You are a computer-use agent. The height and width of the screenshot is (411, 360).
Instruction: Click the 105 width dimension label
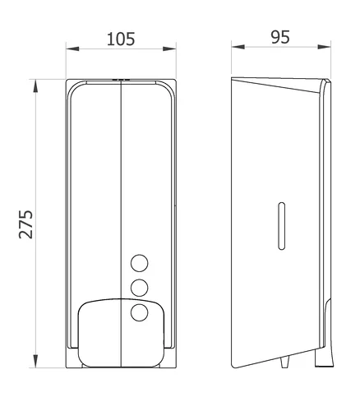(121, 39)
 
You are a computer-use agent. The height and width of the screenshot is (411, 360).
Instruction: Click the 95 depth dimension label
(280, 37)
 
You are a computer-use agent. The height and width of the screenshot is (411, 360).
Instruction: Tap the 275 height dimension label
(26, 224)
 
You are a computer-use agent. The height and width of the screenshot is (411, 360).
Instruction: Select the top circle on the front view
(140, 263)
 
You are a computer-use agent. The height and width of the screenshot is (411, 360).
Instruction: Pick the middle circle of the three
(140, 288)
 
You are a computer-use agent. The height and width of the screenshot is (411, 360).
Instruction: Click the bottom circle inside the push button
(140, 312)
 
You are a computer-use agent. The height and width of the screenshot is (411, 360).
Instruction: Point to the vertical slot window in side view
(281, 226)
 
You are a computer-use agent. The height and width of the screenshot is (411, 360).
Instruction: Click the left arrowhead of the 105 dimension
(72, 49)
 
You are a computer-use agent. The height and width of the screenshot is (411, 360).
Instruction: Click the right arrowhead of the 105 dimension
(169, 49)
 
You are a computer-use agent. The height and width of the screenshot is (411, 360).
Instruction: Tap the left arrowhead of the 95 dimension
(238, 47)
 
